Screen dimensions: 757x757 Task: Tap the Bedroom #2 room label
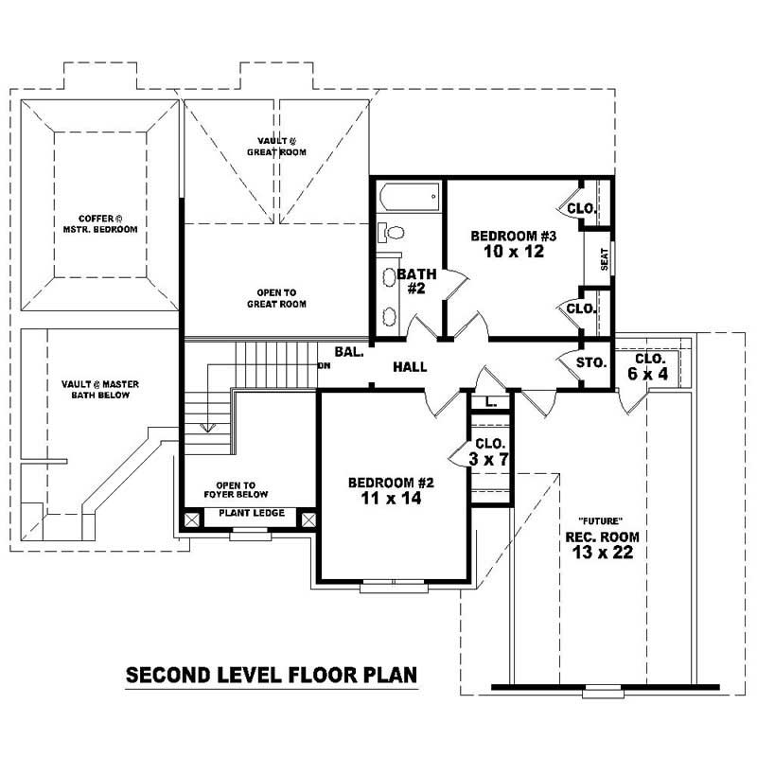(383, 488)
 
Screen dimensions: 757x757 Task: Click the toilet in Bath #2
(392, 232)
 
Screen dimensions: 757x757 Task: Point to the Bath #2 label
(415, 281)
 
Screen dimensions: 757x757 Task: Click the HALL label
(410, 366)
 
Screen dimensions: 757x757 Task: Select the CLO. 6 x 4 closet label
(650, 367)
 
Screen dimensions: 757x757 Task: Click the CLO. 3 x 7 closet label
(490, 450)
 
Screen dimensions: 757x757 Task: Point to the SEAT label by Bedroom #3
(603, 257)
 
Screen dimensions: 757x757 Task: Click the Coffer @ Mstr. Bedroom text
(100, 223)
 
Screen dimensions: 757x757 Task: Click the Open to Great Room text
(275, 297)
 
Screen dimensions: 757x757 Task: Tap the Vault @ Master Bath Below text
(95, 388)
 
